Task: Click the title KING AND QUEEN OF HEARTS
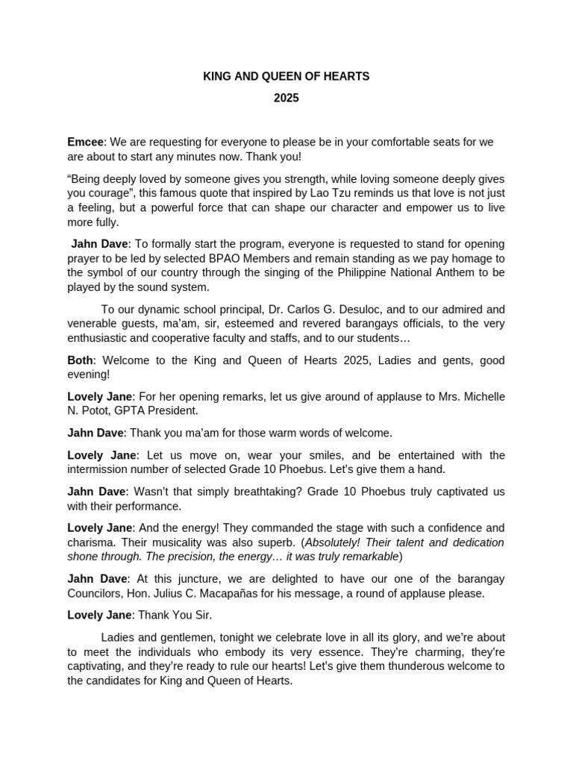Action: (x=286, y=76)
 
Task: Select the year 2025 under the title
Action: (x=286, y=98)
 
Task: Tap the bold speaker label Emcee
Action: (x=85, y=142)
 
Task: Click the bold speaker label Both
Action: (x=79, y=360)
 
